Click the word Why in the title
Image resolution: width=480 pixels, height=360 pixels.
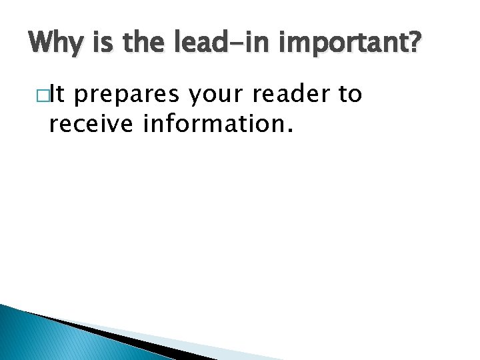click(54, 45)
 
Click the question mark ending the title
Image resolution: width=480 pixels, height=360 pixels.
click(415, 45)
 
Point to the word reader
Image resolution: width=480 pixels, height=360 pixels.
click(297, 95)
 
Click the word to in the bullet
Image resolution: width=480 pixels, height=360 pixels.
click(351, 95)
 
